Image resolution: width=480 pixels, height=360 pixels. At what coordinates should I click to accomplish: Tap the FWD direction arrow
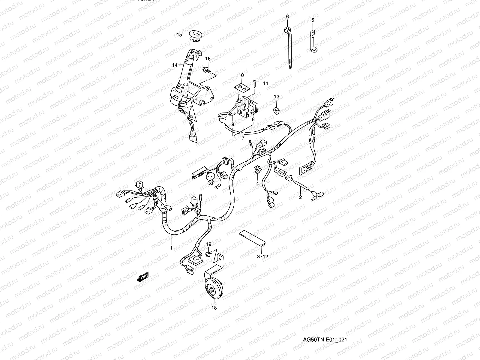pos(143,277)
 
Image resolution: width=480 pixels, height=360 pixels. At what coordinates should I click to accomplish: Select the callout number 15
pos(179,35)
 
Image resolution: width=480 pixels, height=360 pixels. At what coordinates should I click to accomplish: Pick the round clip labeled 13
pos(277,110)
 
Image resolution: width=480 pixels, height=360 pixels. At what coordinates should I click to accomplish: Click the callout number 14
pos(175,65)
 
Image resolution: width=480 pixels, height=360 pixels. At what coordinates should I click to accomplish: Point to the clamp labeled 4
pos(257,170)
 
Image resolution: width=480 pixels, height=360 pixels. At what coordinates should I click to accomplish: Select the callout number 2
pos(300,197)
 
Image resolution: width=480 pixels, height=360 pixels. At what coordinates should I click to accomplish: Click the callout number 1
pos(171,248)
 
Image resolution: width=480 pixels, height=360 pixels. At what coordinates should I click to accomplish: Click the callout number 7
pos(243,138)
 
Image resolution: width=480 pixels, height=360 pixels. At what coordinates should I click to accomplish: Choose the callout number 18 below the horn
pos(214,307)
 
